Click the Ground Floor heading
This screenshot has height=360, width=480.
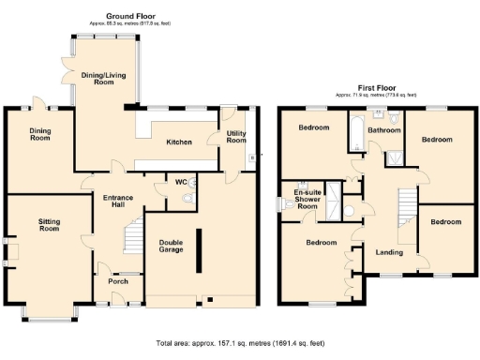[129, 16]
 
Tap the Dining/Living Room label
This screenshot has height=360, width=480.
[104, 78]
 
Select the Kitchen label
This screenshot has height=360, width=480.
[179, 142]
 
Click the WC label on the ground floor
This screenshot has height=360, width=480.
[178, 182]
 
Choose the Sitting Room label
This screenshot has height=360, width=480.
[49, 224]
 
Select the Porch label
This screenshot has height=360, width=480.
[118, 278]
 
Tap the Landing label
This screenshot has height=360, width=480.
[390, 252]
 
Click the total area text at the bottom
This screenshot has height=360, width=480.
[240, 343]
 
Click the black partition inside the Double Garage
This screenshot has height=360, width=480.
[197, 249]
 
